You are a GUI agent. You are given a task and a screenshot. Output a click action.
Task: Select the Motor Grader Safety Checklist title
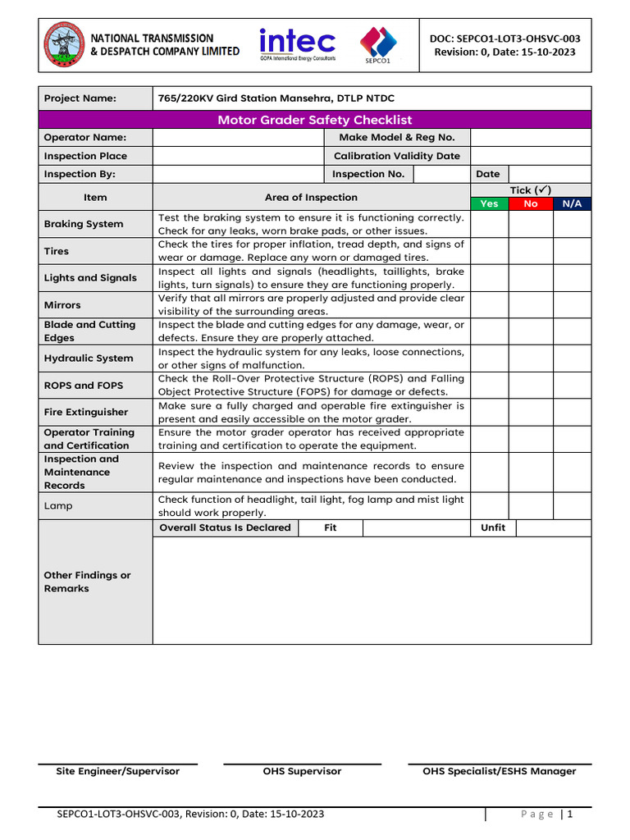[x=314, y=120]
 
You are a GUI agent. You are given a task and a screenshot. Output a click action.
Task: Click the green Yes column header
[x=489, y=203]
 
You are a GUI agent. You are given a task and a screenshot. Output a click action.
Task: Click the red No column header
[x=531, y=203]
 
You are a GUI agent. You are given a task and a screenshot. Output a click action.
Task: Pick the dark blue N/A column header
[x=572, y=203]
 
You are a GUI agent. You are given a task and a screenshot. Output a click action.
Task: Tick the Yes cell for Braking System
[x=489, y=224]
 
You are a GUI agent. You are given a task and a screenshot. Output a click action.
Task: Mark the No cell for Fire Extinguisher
[x=531, y=412]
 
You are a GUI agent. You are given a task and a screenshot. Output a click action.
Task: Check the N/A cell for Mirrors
[x=572, y=304]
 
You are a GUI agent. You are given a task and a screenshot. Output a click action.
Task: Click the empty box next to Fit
[x=416, y=527]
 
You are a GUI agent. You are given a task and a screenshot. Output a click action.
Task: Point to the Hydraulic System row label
[x=89, y=358]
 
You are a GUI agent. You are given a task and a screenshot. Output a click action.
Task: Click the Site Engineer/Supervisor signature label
[x=117, y=771]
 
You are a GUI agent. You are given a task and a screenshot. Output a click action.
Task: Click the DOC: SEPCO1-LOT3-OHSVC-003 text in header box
[x=504, y=38]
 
